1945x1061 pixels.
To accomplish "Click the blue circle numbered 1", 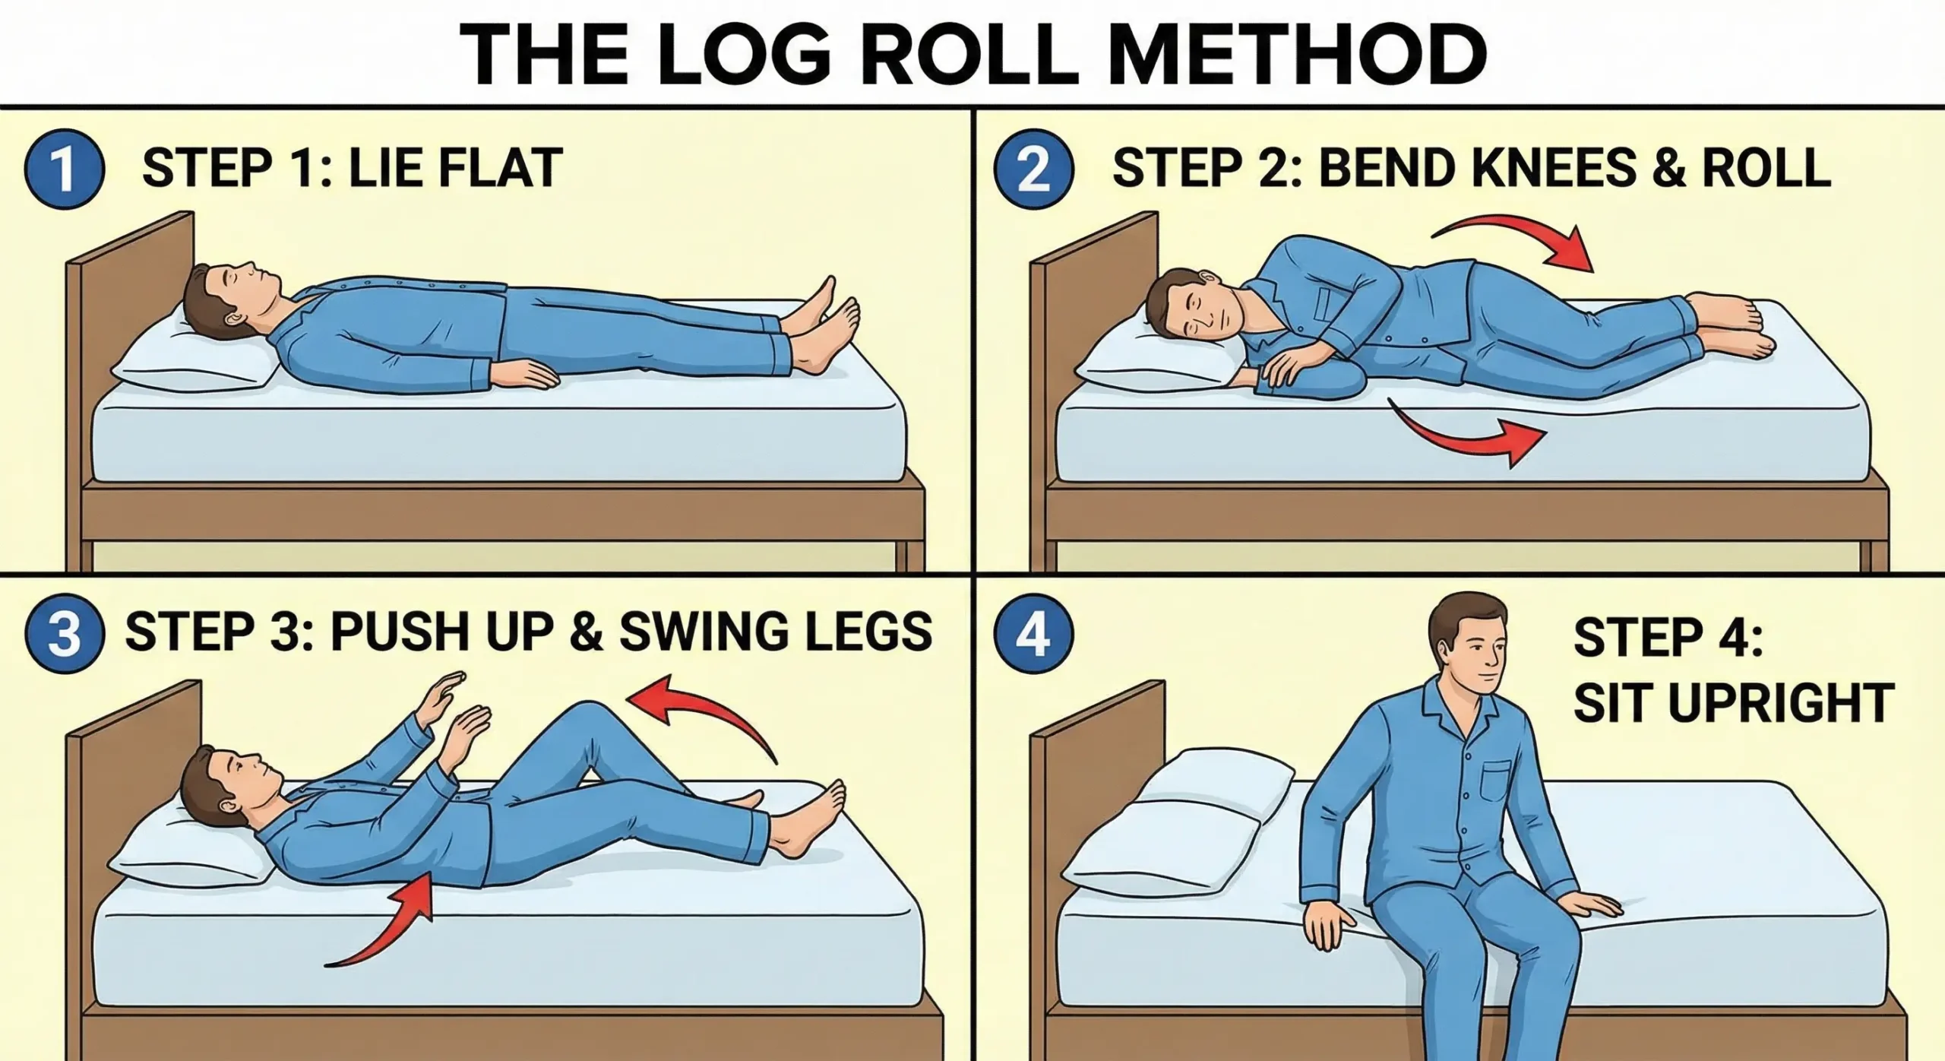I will (65, 171).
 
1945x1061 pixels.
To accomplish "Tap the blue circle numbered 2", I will (1033, 171).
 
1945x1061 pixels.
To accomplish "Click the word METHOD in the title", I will (1292, 55).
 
